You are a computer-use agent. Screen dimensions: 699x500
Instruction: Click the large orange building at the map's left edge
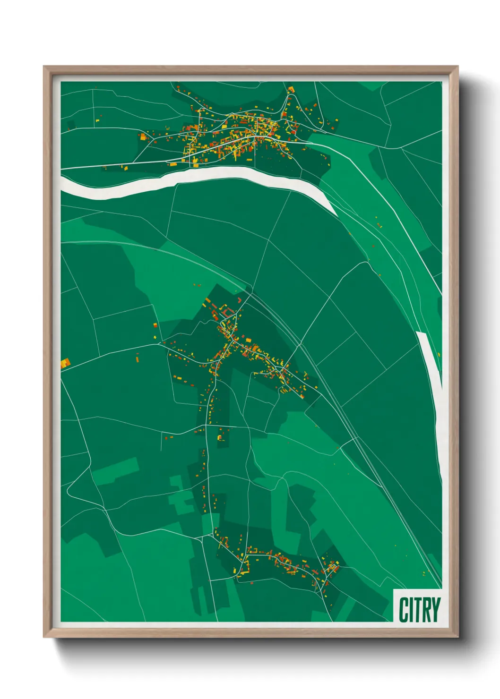[x=65, y=363]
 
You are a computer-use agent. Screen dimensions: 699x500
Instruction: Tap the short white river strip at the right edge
[x=430, y=359]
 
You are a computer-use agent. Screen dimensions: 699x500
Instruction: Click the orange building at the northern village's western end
[x=143, y=137]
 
